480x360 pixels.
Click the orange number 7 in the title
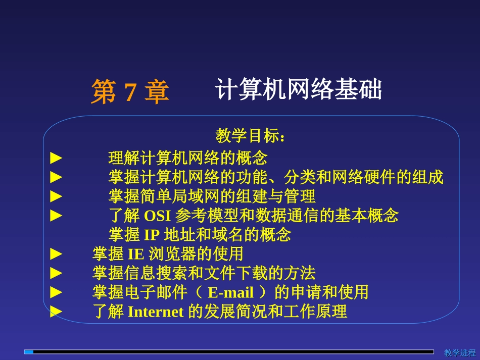pyautogui.click(x=130, y=92)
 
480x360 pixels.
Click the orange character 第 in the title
pyautogui.click(x=104, y=92)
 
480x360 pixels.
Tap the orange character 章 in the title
pyautogui.click(x=156, y=92)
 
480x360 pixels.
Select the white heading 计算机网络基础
pyautogui.click(x=298, y=90)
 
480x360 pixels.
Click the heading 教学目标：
pyautogui.click(x=251, y=136)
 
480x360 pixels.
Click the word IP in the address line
pyautogui.click(x=152, y=235)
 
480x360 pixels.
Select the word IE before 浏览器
pyautogui.click(x=135, y=253)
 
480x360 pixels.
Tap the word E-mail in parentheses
pyautogui.click(x=230, y=292)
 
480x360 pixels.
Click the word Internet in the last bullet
pyautogui.click(x=156, y=312)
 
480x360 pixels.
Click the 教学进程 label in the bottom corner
pyautogui.click(x=460, y=352)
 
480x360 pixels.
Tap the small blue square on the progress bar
pyautogui.click(x=29, y=352)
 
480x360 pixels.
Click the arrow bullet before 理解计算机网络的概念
pyautogui.click(x=56, y=159)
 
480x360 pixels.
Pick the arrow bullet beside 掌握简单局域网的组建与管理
pyautogui.click(x=56, y=196)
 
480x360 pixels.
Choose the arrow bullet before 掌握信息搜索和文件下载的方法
pyautogui.click(x=56, y=273)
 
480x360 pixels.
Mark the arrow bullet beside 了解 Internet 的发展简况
pyautogui.click(x=56, y=312)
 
